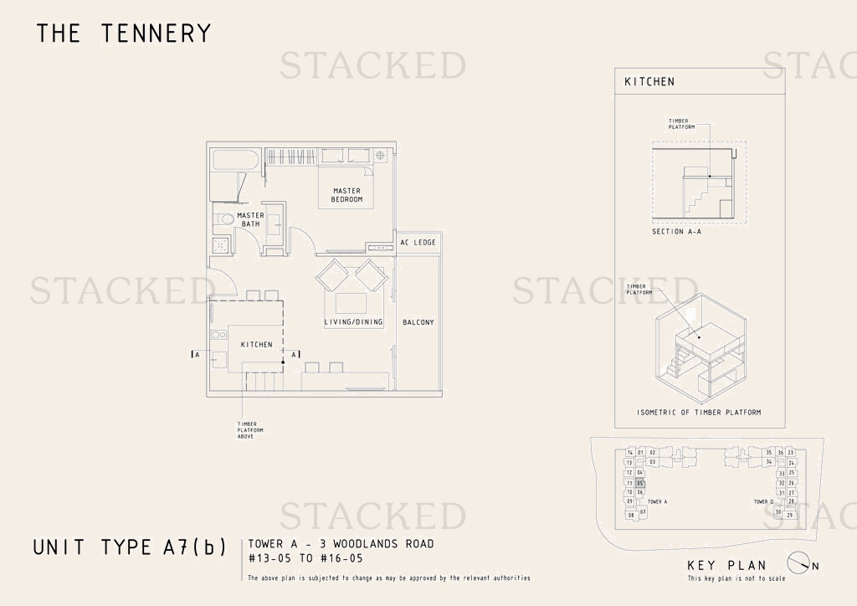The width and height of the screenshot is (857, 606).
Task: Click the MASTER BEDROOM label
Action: (347, 195)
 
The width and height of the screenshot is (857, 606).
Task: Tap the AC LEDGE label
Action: (418, 243)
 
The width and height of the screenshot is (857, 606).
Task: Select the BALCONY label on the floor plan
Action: (418, 322)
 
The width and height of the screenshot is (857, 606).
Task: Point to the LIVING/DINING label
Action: (353, 322)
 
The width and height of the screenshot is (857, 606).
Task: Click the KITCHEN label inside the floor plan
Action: (256, 345)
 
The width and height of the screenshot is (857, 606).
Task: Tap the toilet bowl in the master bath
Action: (223, 220)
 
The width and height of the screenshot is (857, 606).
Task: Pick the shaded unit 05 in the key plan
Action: (640, 483)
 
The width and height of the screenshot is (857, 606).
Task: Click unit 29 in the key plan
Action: (789, 515)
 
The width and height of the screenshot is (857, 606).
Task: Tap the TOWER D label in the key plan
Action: (763, 502)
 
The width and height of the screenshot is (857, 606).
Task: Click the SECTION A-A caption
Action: (676, 232)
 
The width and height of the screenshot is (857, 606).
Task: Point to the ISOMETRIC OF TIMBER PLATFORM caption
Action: (699, 413)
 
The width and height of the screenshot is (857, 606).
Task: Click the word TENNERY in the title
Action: (156, 33)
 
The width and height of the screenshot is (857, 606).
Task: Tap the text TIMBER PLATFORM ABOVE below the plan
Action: (250, 430)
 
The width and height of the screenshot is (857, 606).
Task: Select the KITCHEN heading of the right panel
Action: (649, 82)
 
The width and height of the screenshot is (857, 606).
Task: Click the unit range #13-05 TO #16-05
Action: (305, 557)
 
